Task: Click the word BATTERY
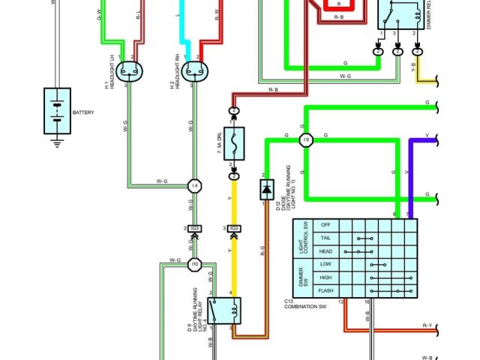(84, 112)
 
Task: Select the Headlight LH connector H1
(132, 70)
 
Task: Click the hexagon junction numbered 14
(194, 185)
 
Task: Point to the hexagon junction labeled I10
(194, 264)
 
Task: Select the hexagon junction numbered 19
(305, 140)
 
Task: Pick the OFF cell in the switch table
(325, 225)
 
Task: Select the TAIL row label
(325, 238)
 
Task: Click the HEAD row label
(325, 251)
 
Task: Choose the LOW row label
(325, 265)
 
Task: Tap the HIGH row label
(325, 277)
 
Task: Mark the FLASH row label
(325, 290)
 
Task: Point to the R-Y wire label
(427, 325)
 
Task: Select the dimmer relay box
(397, 14)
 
